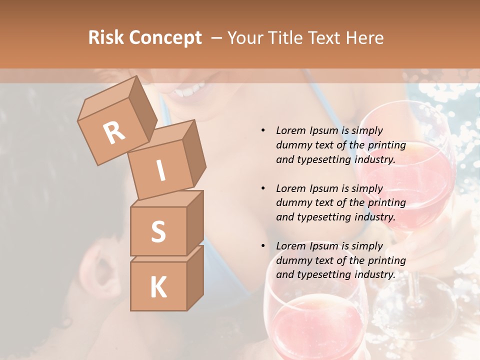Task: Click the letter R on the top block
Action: click(x=114, y=133)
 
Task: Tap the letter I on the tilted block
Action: click(x=160, y=171)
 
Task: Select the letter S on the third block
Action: click(x=158, y=231)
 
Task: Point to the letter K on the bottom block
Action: click(x=158, y=287)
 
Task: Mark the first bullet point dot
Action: click(x=263, y=131)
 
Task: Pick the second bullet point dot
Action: click(x=263, y=188)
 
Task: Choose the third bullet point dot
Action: click(x=263, y=246)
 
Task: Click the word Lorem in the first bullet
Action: click(x=290, y=130)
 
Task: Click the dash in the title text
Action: click(x=217, y=38)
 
